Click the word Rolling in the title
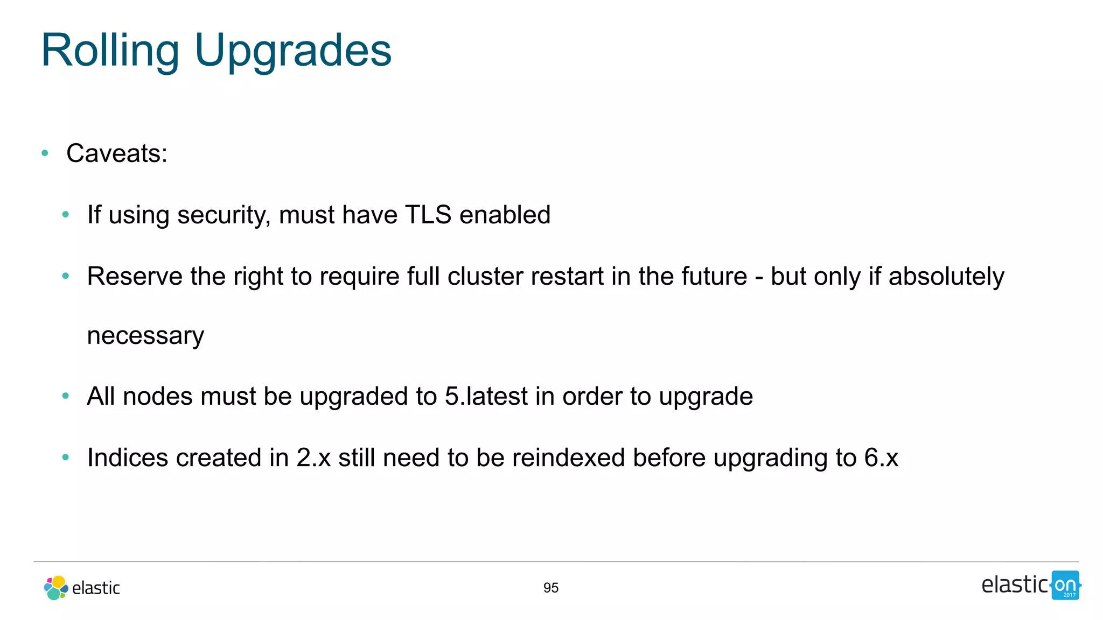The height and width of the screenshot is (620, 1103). pyautogui.click(x=110, y=51)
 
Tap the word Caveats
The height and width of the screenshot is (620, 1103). pyautogui.click(x=116, y=154)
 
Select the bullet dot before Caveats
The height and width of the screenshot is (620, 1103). pyautogui.click(x=45, y=154)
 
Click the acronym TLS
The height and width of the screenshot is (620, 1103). pyautogui.click(x=428, y=215)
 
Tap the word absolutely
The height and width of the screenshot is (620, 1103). pyautogui.click(x=946, y=277)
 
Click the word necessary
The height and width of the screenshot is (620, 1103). pyautogui.click(x=145, y=336)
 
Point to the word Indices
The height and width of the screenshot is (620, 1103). pyautogui.click(x=128, y=458)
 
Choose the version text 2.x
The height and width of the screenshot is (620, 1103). pyautogui.click(x=313, y=458)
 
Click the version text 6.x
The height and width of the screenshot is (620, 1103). pyautogui.click(x=881, y=458)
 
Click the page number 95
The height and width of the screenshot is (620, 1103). pyautogui.click(x=550, y=588)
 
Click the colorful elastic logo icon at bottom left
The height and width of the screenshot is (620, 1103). pyautogui.click(x=56, y=588)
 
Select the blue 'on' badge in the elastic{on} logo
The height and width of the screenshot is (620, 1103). pyautogui.click(x=1065, y=585)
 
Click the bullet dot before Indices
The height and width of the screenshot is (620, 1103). pyautogui.click(x=66, y=458)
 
